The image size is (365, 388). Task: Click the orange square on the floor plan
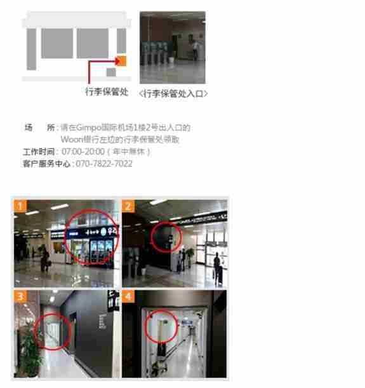click(122, 60)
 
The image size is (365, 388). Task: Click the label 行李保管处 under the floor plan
click(107, 92)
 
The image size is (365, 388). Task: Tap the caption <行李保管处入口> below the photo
click(173, 94)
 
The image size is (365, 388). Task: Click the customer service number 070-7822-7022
click(104, 163)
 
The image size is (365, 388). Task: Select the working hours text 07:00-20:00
click(83, 151)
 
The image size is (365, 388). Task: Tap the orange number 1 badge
click(20, 205)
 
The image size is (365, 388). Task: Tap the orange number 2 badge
click(128, 205)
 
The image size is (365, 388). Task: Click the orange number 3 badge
click(20, 297)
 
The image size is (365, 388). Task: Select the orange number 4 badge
click(128, 297)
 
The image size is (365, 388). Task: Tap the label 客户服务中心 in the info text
click(46, 163)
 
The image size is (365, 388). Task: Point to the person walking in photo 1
click(45, 257)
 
